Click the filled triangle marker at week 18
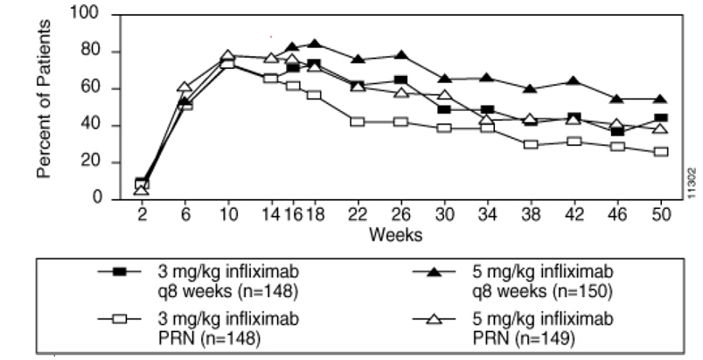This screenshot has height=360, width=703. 314,44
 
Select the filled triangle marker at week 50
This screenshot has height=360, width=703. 660,99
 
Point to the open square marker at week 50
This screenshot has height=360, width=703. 660,151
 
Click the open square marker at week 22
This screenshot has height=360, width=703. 357,121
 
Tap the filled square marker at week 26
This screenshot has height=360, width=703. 400,80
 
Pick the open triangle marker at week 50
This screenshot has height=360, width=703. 660,128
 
